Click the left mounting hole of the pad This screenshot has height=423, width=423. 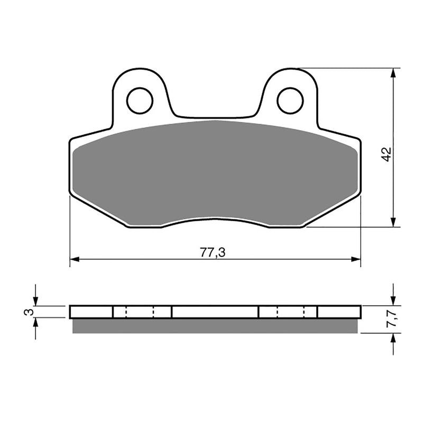click(x=140, y=100)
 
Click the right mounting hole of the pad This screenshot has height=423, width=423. click(x=290, y=100)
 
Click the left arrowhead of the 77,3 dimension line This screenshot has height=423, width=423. click(x=75, y=259)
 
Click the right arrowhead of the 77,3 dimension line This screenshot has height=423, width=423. click(x=356, y=259)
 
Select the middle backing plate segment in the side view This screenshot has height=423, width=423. click(x=215, y=312)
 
